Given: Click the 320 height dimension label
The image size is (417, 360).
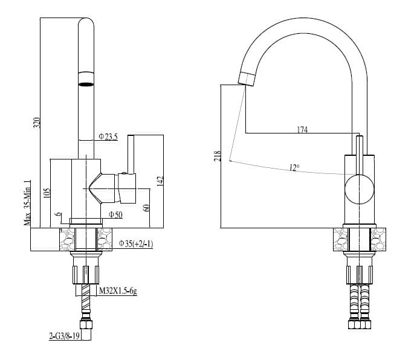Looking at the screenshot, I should coord(36,123).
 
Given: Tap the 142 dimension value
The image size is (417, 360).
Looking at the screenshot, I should coord(160,181).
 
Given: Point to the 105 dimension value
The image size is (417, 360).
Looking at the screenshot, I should coord(47,193).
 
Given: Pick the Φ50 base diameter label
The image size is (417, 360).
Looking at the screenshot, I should coord(115,215).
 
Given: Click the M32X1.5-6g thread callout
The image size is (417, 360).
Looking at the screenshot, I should coord(118,291).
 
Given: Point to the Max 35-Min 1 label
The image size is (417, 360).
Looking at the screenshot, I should coord(28,202).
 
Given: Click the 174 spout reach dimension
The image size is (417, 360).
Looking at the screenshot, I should coord(302,129).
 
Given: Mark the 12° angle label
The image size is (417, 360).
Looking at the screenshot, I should coord(294,168).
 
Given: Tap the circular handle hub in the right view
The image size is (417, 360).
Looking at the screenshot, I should coord(359,188).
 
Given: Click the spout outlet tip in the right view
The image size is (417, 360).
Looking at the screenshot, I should coord(247,78).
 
